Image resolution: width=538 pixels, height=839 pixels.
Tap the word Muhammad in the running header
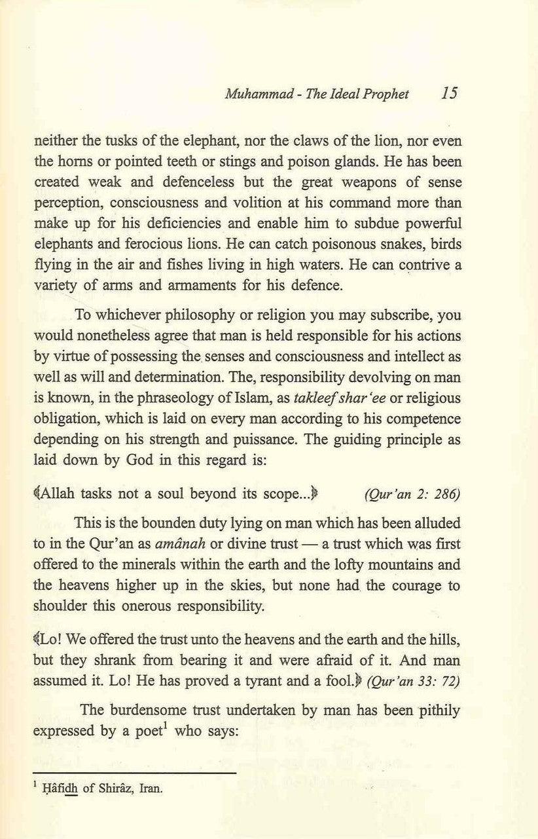tap(252, 94)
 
